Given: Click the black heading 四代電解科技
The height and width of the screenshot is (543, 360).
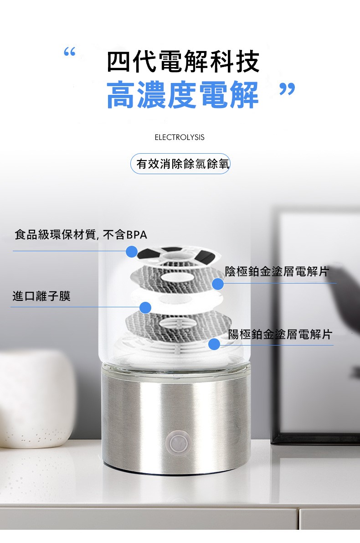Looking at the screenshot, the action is (x=183, y=62).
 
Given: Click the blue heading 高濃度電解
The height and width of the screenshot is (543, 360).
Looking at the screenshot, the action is (x=183, y=94).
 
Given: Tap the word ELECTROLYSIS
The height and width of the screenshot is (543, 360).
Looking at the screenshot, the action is (x=179, y=138).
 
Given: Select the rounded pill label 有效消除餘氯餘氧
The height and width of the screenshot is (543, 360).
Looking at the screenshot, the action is (x=180, y=164).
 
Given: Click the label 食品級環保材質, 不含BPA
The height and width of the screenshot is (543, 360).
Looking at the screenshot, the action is (x=81, y=235).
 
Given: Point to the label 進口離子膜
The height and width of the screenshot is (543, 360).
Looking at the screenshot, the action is (x=41, y=296).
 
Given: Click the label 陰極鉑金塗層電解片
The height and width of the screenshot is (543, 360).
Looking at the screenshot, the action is (x=277, y=272).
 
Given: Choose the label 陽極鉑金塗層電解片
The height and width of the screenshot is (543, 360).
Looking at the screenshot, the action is (x=280, y=334).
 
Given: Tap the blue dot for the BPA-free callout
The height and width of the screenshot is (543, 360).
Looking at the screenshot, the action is (x=132, y=251).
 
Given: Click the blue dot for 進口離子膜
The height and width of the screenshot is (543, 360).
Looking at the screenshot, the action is (x=145, y=307).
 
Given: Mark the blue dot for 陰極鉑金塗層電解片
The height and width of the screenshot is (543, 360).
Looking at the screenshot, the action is (x=218, y=284).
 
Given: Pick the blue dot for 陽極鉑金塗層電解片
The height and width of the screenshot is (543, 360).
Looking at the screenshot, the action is (x=214, y=344).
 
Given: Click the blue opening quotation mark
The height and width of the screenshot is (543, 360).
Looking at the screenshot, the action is (x=70, y=52).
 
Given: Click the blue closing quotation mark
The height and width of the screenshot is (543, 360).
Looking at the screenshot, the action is (x=287, y=89).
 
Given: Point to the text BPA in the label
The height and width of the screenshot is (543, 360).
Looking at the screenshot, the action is (x=137, y=235).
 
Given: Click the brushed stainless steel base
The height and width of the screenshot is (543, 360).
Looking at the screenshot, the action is (x=176, y=419).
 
